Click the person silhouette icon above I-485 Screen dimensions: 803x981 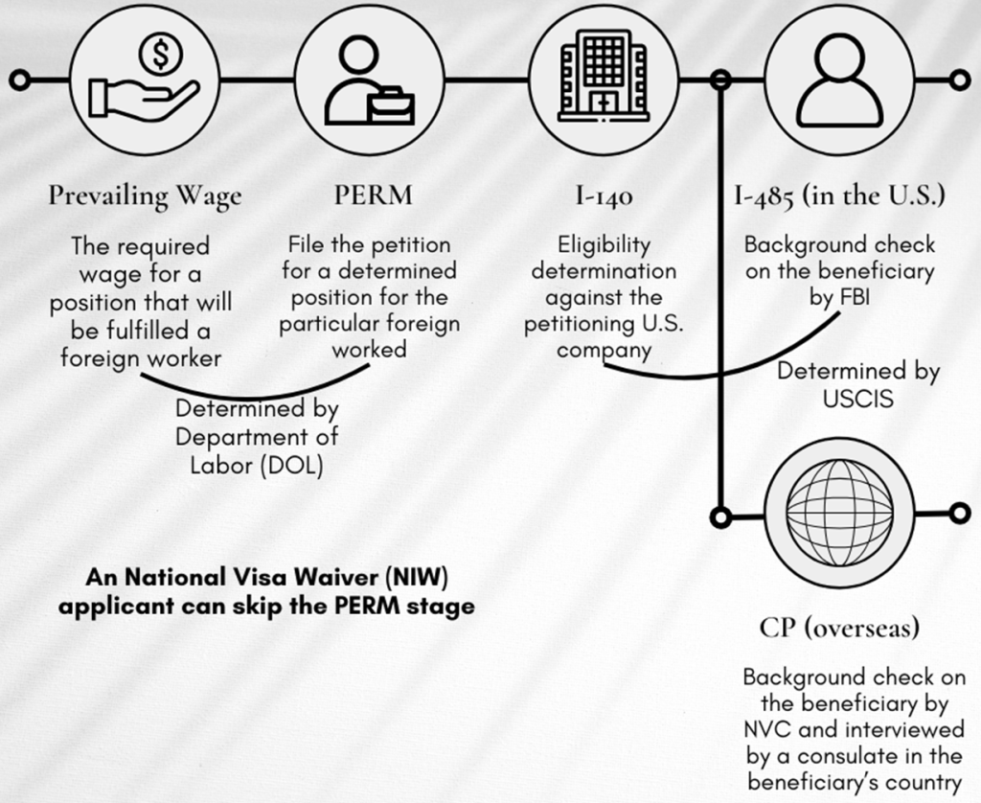click(837, 82)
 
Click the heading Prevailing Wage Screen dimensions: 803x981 click(146, 196)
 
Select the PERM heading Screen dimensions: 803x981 click(373, 196)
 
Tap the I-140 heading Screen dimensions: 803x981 click(604, 196)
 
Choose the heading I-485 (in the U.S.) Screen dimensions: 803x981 click(839, 196)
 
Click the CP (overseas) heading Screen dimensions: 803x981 click(839, 628)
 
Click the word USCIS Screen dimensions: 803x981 click(858, 397)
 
